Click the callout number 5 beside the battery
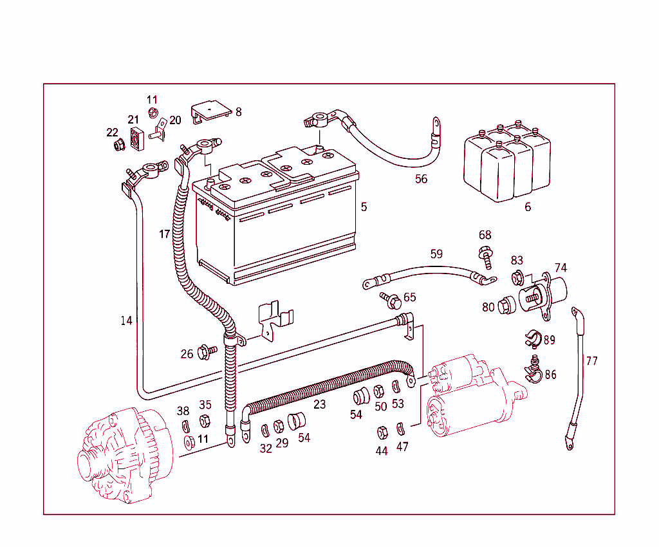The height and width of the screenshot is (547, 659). [364, 207]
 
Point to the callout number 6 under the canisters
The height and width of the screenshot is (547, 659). [528, 207]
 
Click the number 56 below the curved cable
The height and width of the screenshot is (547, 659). [421, 179]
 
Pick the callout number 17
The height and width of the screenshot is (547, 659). [165, 234]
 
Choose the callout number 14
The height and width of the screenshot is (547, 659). [127, 320]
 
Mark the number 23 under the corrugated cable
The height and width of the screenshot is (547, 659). [320, 404]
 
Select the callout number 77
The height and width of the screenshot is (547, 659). [592, 361]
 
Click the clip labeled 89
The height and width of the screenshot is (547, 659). [532, 337]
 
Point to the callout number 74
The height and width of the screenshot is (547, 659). [561, 268]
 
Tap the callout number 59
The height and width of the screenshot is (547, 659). [436, 254]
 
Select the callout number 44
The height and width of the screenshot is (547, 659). [382, 450]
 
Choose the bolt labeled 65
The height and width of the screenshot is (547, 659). [392, 299]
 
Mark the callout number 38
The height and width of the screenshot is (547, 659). [183, 411]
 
